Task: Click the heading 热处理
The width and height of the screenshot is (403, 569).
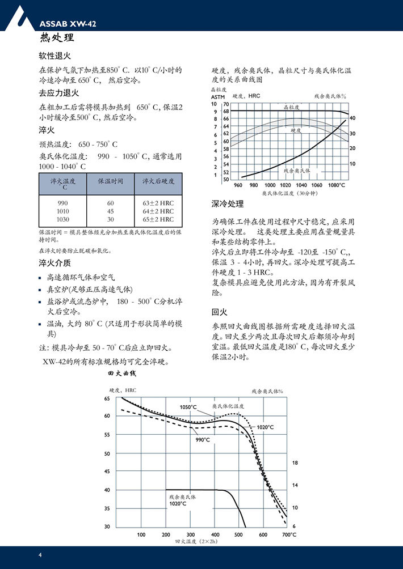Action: click(57, 39)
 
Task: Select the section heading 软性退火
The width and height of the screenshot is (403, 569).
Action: click(54, 57)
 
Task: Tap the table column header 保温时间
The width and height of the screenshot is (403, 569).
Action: click(111, 181)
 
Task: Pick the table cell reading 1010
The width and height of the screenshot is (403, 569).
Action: click(63, 211)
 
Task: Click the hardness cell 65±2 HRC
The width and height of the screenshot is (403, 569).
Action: click(158, 219)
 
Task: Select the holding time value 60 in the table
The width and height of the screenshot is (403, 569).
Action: click(111, 202)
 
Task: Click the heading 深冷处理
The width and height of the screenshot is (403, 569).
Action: click(228, 204)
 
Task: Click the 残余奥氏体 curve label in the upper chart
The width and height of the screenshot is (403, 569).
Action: click(297, 170)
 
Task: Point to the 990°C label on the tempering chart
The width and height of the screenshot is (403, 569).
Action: click(204, 440)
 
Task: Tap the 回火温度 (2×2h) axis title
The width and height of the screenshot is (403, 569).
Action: click(196, 542)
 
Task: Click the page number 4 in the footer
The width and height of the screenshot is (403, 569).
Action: click(40, 554)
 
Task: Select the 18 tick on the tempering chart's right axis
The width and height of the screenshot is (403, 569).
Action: click(295, 463)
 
